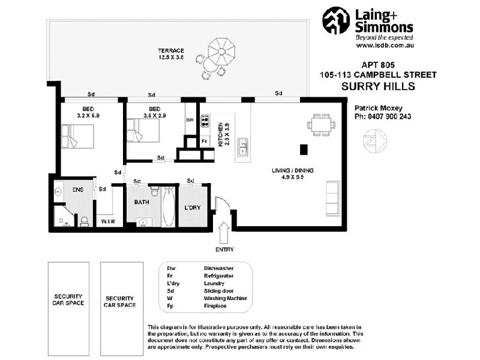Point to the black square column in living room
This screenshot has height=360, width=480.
coord(304,149)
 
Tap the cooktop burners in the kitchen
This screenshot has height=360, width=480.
coord(205,122)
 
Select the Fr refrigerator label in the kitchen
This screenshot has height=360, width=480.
coord(205,142)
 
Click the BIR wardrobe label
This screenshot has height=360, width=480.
coord(190,120)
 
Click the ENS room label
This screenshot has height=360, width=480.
coord(77,190)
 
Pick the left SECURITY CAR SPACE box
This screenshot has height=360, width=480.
coord(67,299)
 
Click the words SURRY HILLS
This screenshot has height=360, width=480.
coord(378,86)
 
